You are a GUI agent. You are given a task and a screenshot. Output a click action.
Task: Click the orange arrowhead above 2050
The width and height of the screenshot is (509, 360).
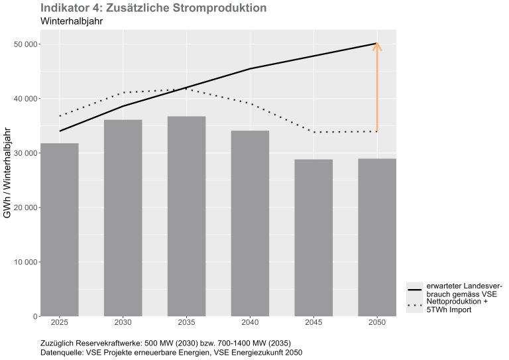377,46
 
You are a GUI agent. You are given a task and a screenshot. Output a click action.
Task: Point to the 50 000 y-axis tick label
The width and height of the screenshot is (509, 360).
23,44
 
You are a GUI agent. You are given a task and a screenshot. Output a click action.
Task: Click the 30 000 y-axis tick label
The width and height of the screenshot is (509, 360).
23,153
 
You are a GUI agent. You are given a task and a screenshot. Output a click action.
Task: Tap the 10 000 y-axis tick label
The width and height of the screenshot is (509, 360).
23,262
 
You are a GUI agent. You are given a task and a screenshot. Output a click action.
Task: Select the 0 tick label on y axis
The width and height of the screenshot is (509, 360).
34,316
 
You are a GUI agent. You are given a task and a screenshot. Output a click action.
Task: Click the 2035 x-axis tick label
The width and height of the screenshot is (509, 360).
186,323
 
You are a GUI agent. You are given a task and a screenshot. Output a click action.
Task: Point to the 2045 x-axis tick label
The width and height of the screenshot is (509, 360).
313,323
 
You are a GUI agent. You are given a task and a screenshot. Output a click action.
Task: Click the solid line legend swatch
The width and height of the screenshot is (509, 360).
415,289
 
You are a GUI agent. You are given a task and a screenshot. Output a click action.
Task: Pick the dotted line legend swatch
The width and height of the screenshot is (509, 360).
415,306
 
